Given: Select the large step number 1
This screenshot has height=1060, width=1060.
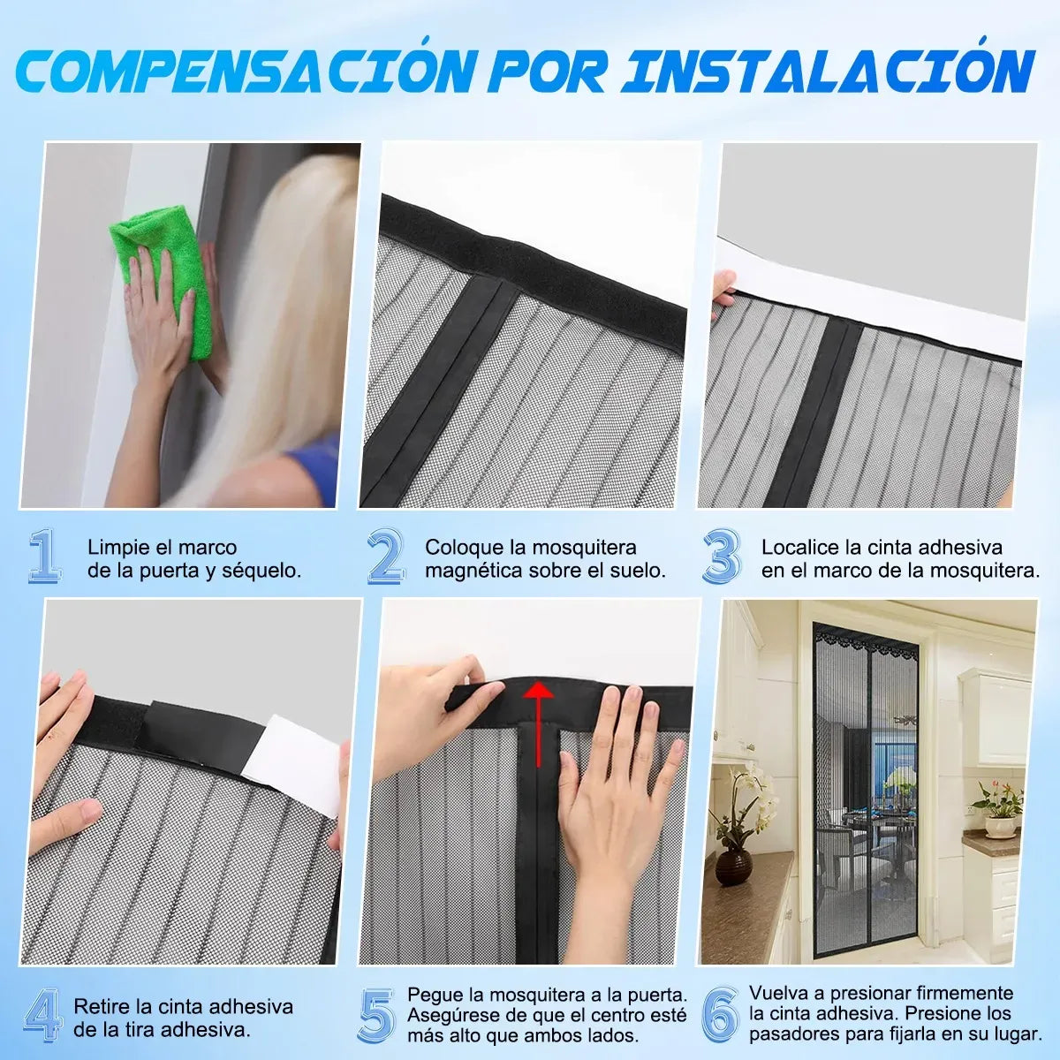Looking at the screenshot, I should [x=44, y=556].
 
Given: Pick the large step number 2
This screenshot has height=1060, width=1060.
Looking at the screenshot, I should [x=386, y=556].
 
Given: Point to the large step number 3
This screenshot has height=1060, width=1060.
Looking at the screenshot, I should [x=723, y=556].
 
